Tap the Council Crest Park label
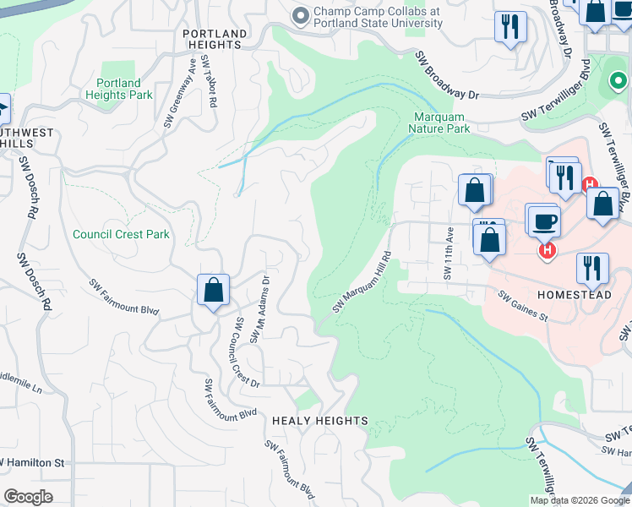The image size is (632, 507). pos(121,235)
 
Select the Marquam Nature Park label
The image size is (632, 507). pos(439,123)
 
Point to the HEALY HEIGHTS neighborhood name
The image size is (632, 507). pos(320,421)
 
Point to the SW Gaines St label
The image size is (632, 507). pos(523,307)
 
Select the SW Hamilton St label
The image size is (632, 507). pos(34,463)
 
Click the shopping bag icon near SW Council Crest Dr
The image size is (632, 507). pos(214,290)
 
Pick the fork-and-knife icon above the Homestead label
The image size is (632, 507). pos(591,269)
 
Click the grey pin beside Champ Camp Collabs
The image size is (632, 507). pos(299,17)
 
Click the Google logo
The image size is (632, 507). pos(28,496)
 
